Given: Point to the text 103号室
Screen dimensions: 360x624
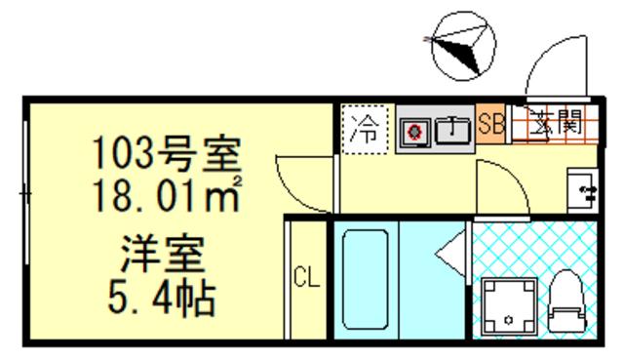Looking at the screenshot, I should pos(167,153).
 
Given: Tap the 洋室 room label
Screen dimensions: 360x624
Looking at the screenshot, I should pos(163,256).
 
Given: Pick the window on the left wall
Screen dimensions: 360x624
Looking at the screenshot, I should pos(24,195).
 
